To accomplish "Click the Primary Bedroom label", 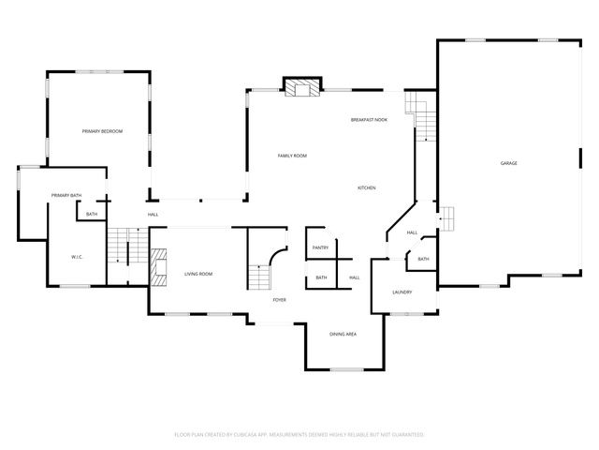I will pos(102,131).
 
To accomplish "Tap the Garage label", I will pos(508,163).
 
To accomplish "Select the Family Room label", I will pos(292,156).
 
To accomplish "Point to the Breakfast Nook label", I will pos(369,120).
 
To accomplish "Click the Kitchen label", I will pos(367,188).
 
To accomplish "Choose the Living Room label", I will pos(198,274).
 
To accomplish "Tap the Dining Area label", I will pos(343,334).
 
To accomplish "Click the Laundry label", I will pos(402,292).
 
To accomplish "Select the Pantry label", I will pos(320,247).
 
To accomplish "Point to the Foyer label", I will pos(279,300).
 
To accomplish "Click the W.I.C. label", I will pos(79,257).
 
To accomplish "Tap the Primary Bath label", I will pos(66,195).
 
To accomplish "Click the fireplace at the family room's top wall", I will pos(301,89).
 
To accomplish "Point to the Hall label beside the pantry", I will pos(355,277).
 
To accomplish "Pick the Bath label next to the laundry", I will pos(423,260).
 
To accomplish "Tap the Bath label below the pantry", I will pos(321,277).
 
